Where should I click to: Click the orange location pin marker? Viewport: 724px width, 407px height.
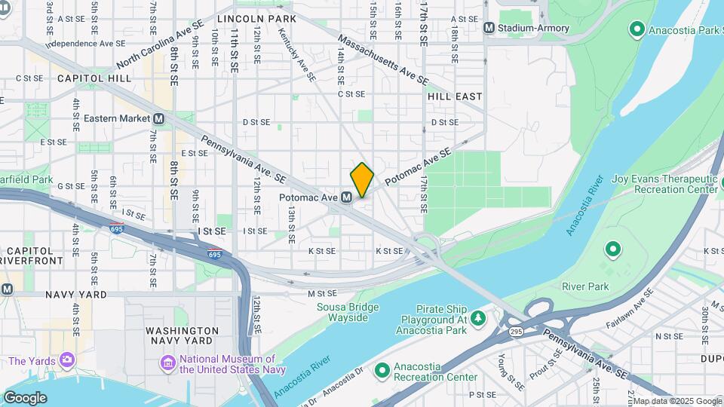tap(362, 179)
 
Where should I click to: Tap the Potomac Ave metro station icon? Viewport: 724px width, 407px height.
tap(346, 197)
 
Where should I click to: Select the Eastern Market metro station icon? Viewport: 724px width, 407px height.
tap(158, 119)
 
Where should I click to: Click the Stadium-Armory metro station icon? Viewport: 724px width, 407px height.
tap(489, 28)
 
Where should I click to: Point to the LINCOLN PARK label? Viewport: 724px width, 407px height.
tap(256, 17)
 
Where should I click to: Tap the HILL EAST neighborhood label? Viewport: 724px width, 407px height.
tap(454, 96)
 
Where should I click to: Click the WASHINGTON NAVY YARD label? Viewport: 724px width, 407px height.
tap(182, 336)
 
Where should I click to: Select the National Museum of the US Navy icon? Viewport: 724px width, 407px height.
tap(167, 365)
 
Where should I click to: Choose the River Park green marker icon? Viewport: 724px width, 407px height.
tap(612, 248)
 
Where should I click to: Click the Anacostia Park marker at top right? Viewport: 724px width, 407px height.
tap(637, 29)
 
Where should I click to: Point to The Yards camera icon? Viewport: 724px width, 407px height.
tap(67, 361)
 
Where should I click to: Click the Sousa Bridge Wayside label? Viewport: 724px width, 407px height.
tap(347, 312)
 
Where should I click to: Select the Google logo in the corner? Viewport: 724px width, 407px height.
tap(25, 397)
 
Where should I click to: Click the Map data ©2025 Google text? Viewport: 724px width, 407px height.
tap(677, 401)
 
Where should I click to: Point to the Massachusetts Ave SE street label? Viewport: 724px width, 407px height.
tap(382, 59)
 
